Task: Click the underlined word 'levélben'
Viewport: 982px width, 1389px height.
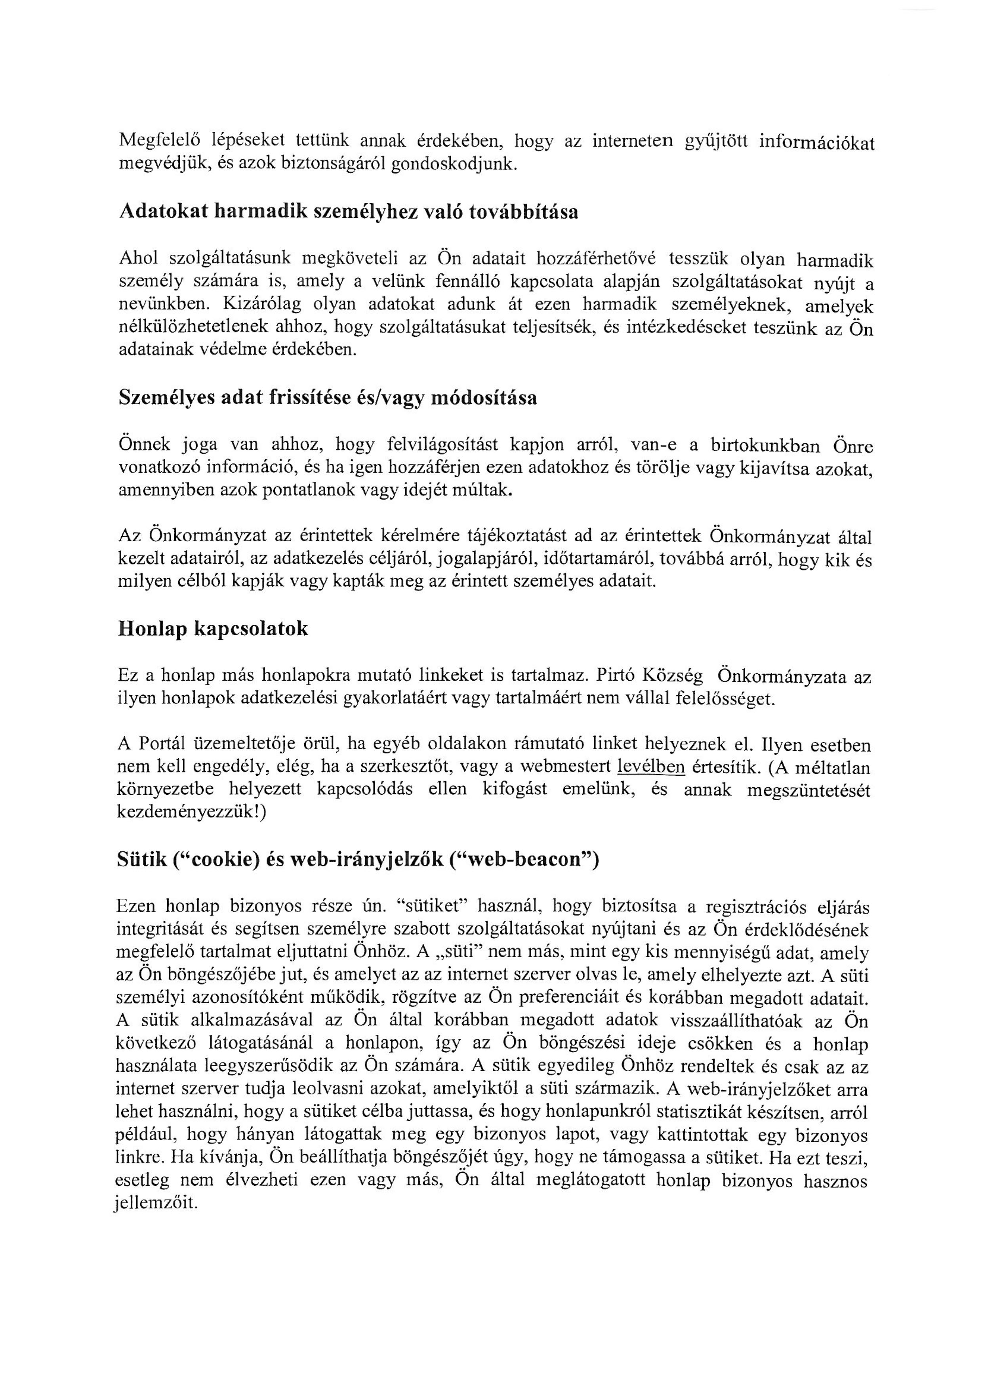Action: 650,768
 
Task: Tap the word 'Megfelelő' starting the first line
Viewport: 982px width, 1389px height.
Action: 158,141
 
